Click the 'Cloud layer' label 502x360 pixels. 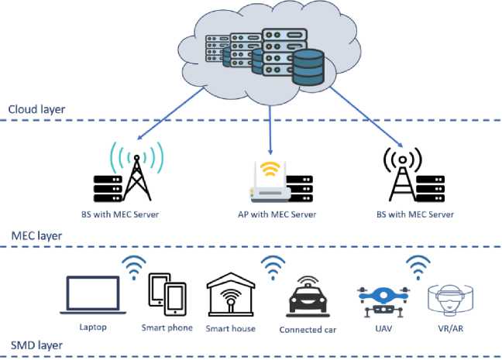point(36,109)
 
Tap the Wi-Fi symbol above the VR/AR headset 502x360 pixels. point(419,268)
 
